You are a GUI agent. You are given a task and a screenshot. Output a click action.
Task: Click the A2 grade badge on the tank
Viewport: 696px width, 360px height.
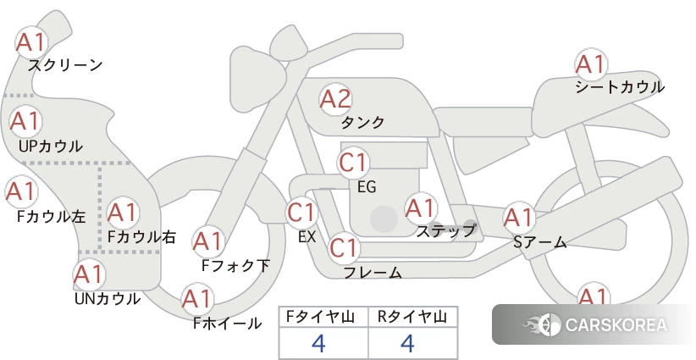point(335,99)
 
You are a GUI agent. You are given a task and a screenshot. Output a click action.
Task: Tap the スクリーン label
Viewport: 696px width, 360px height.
point(65,66)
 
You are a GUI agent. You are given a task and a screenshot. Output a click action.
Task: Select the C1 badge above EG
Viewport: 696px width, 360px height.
point(353,163)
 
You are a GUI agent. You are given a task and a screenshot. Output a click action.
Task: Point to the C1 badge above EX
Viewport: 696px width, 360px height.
point(302,212)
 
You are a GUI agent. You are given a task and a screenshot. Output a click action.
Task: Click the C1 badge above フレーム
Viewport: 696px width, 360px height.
point(344,247)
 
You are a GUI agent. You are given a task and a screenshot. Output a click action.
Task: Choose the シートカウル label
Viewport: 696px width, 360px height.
point(620,87)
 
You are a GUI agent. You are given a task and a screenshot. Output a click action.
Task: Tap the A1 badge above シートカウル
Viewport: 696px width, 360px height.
point(591,65)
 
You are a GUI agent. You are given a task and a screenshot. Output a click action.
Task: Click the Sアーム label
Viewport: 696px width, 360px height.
point(540,242)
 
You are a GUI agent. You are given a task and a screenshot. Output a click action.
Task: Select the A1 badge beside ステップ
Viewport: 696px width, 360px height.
point(420,208)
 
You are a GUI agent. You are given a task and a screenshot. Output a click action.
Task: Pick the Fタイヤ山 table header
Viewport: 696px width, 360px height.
point(320,317)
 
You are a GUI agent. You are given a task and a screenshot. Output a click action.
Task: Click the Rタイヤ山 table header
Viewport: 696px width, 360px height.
point(412,317)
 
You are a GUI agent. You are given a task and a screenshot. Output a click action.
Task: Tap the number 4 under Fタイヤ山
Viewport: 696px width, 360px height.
point(318,343)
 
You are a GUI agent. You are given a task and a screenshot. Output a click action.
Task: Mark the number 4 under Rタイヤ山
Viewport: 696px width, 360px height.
point(407,343)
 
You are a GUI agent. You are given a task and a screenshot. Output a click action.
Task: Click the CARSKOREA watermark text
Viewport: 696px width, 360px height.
point(616,324)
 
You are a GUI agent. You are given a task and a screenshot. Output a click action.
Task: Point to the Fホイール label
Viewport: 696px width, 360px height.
point(227,324)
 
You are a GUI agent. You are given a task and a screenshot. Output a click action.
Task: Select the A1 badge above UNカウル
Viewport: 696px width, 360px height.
point(89,275)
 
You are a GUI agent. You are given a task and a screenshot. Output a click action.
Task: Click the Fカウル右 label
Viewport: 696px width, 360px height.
point(142,237)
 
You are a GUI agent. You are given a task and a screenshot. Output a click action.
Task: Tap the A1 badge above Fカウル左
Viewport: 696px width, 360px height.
point(21,191)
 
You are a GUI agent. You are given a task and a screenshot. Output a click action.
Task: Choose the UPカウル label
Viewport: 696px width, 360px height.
point(51,146)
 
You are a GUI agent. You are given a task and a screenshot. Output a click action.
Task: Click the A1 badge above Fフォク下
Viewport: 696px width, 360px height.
point(208,242)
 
